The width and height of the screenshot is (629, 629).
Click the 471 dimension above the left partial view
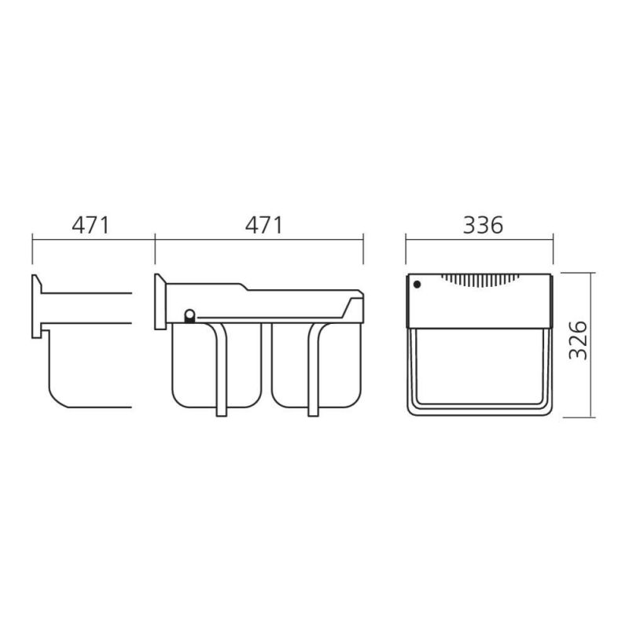coord(90,226)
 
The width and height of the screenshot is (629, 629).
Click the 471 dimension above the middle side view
coord(264,226)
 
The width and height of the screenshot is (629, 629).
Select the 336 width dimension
coord(483,226)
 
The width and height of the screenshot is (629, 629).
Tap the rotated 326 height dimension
coord(579,340)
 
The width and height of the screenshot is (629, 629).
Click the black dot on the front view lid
coord(417,285)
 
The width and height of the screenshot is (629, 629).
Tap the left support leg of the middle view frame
coord(220,369)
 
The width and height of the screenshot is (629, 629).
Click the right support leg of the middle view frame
coord(314,369)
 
